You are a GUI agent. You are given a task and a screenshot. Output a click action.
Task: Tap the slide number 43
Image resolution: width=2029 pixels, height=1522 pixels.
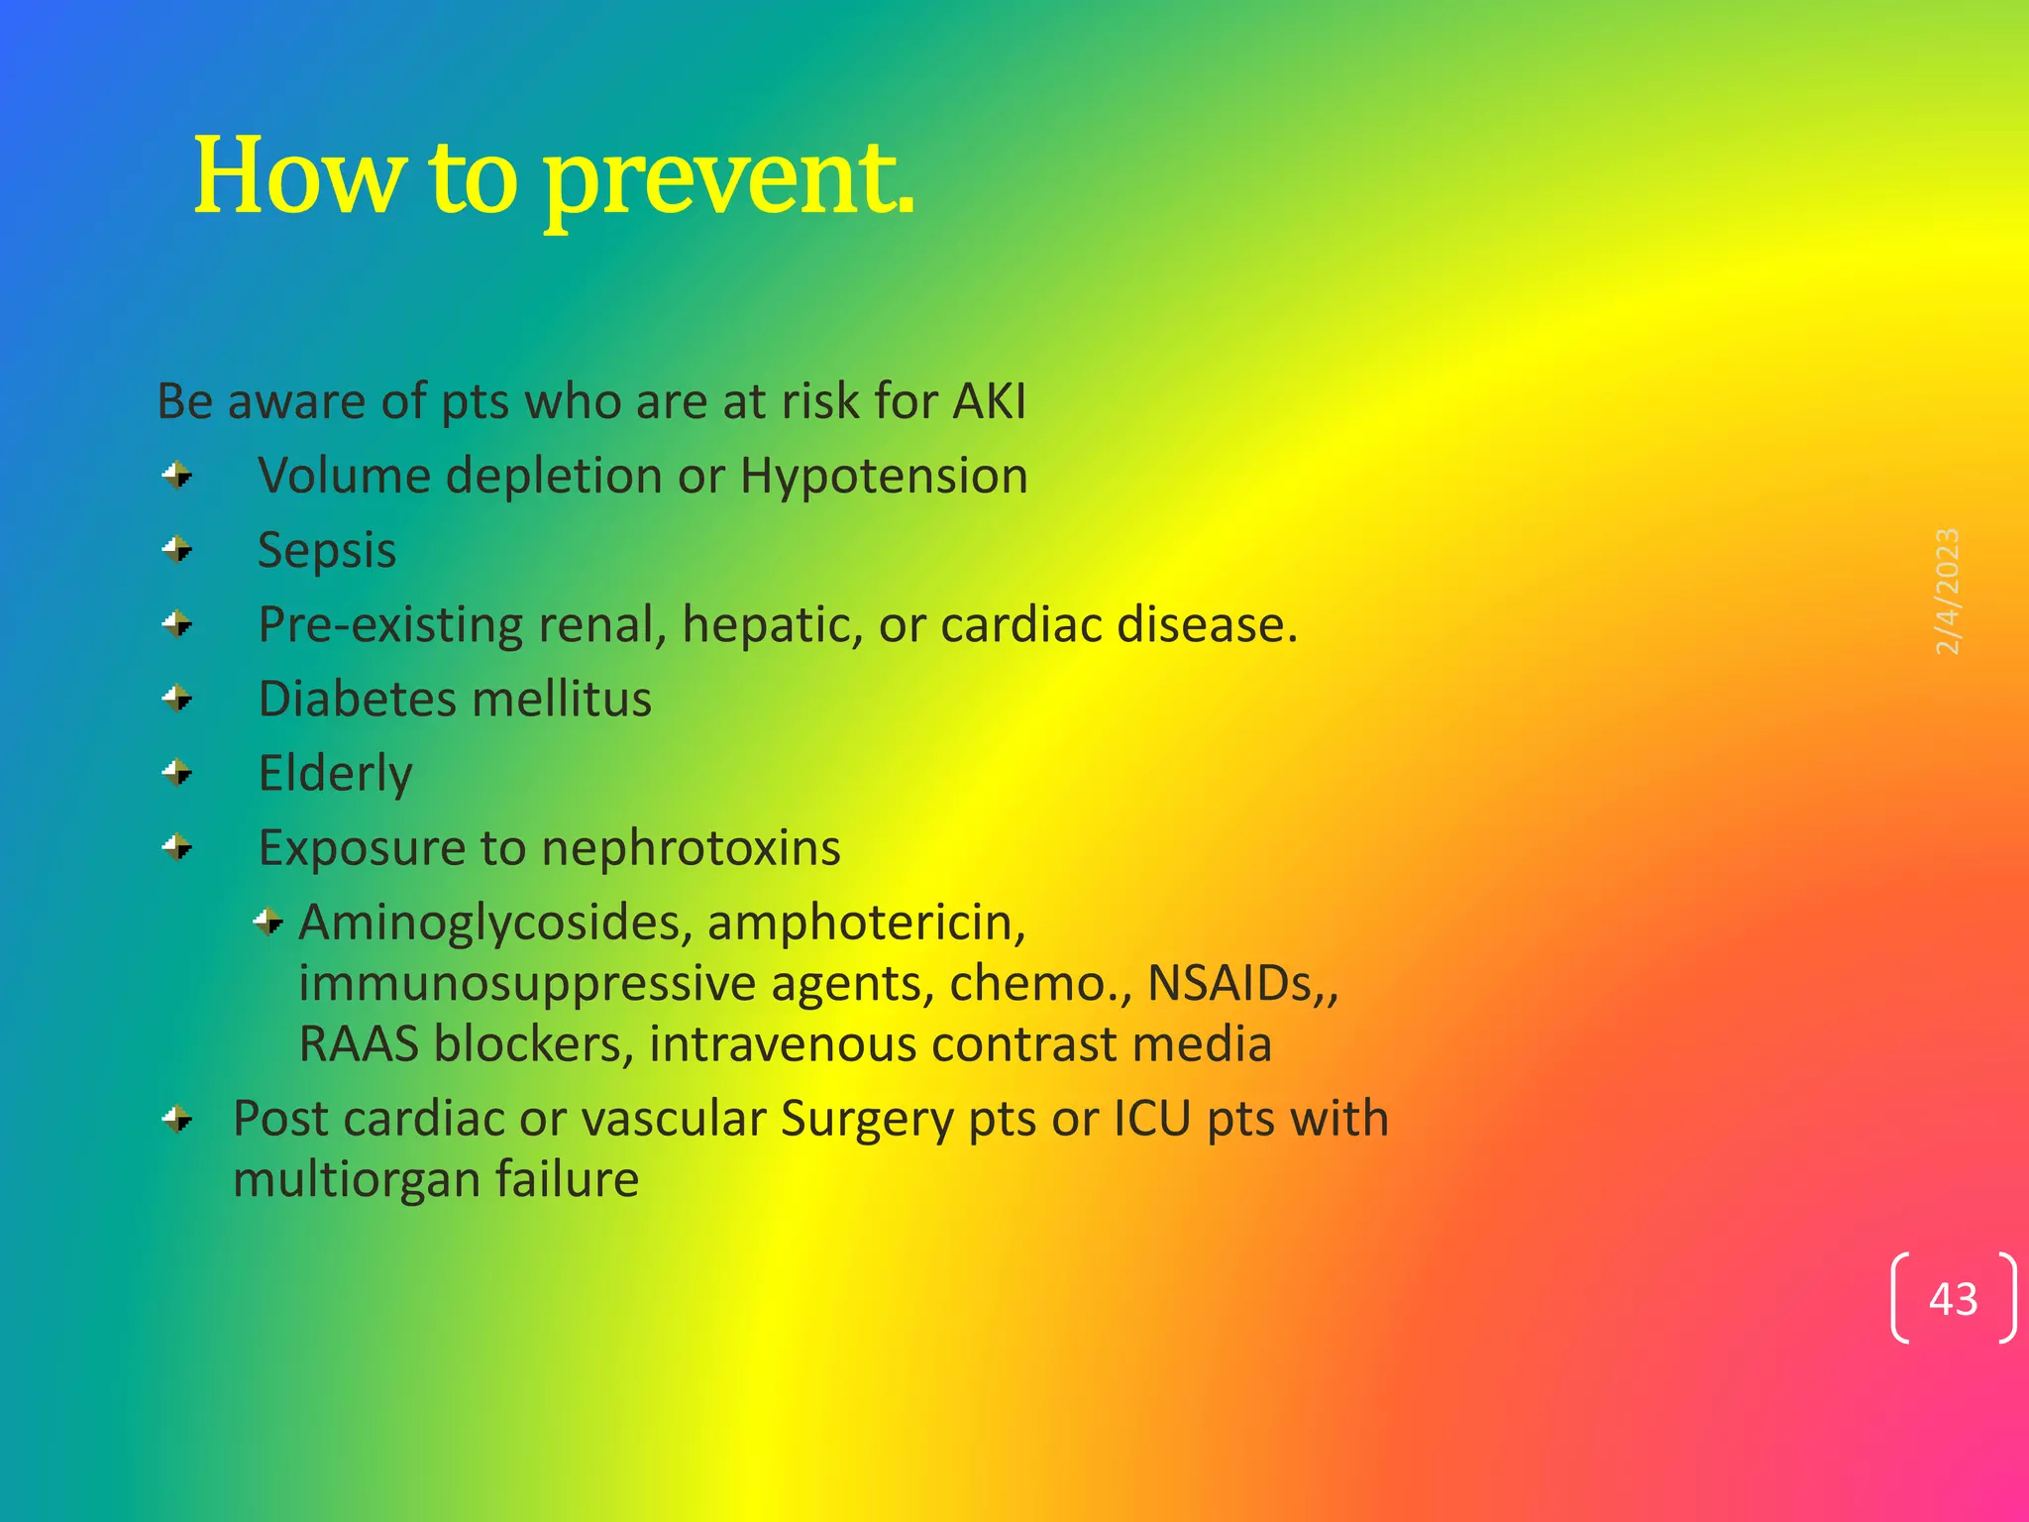tap(1953, 1299)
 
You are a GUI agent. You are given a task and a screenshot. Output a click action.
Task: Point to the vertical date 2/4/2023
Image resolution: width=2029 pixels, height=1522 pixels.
tap(1947, 592)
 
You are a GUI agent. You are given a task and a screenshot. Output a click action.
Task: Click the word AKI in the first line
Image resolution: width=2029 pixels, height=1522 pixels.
tap(989, 402)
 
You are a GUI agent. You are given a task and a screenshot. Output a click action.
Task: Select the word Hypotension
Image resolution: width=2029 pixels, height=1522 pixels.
tap(884, 477)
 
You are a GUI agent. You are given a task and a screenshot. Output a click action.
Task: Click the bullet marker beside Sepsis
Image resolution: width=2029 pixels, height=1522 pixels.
tap(177, 549)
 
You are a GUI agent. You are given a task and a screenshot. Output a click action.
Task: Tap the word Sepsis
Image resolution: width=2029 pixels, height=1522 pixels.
tap(327, 551)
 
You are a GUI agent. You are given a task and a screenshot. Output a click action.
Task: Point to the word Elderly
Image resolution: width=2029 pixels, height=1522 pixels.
tap(335, 774)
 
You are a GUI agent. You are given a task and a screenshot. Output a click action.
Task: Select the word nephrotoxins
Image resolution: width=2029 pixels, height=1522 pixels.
tap(691, 849)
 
